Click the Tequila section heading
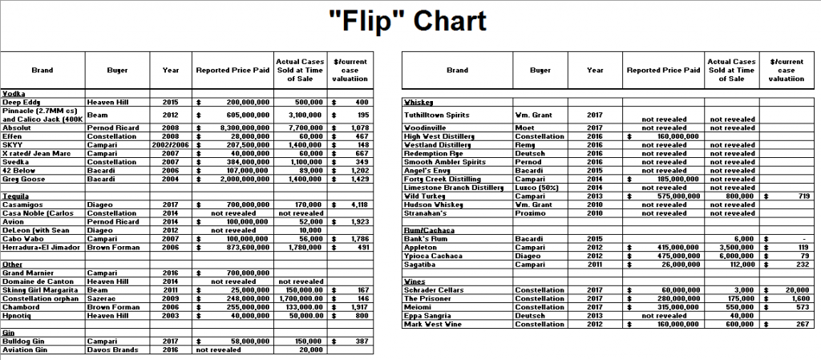16,196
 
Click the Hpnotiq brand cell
18,315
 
